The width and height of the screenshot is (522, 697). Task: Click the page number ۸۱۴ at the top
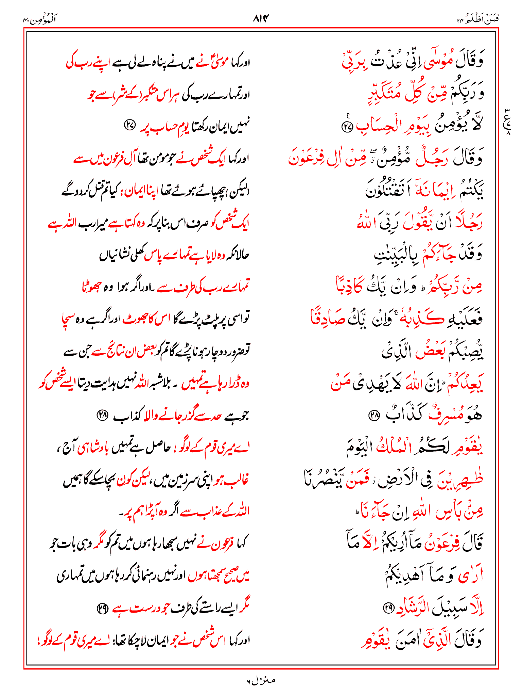coord(261,17)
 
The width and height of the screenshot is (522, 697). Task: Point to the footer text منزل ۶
coord(261,680)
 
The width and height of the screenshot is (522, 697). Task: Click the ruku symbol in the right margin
coord(507,121)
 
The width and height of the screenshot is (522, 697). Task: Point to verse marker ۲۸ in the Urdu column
coord(102,415)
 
